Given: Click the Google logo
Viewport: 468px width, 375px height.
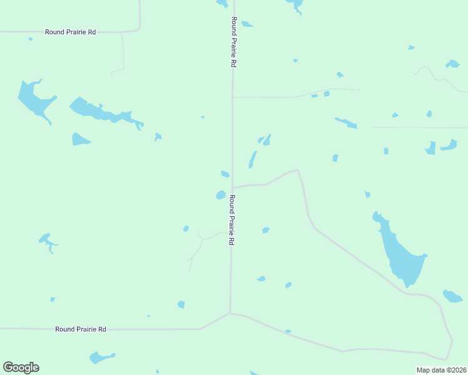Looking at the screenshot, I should [21, 367].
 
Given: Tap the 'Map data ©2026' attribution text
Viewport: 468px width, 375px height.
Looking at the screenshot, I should [441, 370].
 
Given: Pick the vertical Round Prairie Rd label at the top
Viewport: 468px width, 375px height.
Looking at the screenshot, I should [233, 42].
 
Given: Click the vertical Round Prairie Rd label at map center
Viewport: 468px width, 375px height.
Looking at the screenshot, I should [231, 220].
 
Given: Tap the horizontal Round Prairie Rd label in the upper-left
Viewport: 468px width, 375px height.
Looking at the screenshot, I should [70, 31].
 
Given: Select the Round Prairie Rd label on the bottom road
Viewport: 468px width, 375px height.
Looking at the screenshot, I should [81, 329].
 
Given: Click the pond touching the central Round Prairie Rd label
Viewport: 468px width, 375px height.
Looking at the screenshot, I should [221, 195].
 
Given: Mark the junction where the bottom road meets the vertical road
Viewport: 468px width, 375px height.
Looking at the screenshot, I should [230, 313].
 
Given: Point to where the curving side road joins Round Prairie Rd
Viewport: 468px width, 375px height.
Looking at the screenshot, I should [233, 187].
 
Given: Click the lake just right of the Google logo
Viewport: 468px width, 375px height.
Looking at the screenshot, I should [101, 357].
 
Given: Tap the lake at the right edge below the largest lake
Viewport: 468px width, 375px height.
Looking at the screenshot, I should [452, 296].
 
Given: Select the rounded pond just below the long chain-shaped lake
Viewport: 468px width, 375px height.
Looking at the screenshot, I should [80, 139].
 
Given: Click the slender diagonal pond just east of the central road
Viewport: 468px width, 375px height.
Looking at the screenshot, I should [252, 159].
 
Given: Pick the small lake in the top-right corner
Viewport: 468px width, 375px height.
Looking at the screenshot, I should [452, 64].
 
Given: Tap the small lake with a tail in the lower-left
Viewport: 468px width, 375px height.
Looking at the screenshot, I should [46, 240].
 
